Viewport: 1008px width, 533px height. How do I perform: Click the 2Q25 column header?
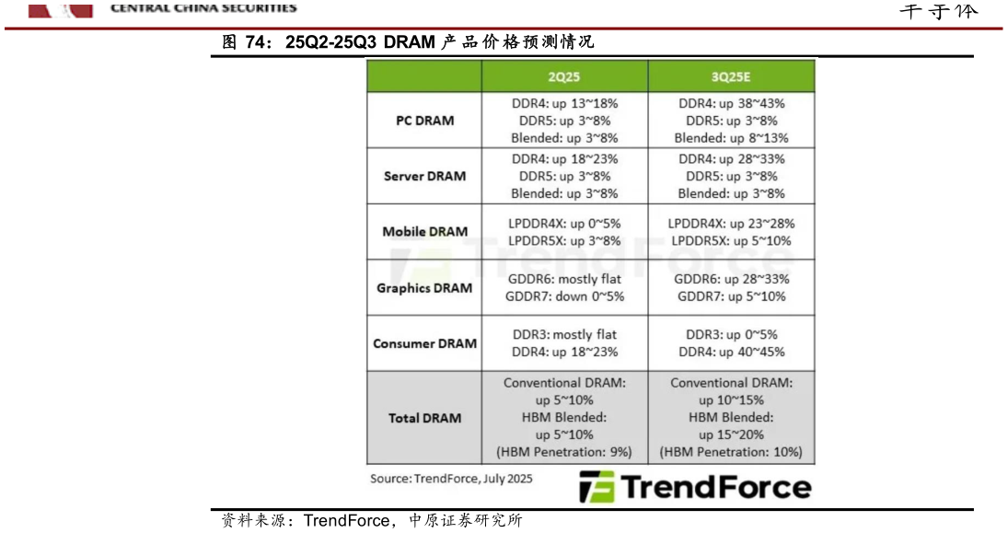pyautogui.click(x=564, y=76)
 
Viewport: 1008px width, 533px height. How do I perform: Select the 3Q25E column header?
pyautogui.click(x=731, y=76)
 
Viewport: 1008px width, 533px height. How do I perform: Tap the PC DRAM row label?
pyautogui.click(x=424, y=121)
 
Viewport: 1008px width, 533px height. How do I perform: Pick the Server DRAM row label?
pyautogui.click(x=424, y=176)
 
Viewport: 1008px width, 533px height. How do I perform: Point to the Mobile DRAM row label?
pyautogui.click(x=424, y=232)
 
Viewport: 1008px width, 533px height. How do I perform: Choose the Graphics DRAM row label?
pyautogui.click(x=424, y=288)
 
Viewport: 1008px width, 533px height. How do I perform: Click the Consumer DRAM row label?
pyautogui.click(x=424, y=343)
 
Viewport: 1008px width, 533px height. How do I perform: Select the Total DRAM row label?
pyautogui.click(x=424, y=418)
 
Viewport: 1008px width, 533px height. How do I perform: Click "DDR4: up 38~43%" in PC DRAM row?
pyautogui.click(x=731, y=103)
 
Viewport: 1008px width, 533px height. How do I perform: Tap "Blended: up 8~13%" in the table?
pyautogui.click(x=731, y=138)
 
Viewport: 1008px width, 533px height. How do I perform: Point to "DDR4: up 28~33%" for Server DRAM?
pyautogui.click(x=731, y=158)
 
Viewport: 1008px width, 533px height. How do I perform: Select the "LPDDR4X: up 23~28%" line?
pyautogui.click(x=731, y=223)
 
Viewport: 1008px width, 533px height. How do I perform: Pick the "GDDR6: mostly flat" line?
pyautogui.click(x=564, y=279)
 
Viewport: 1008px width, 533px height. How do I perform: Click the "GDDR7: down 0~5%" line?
pyautogui.click(x=564, y=296)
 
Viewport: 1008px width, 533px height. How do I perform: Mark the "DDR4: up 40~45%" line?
pyautogui.click(x=731, y=352)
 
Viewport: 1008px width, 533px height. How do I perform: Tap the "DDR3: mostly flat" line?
pyautogui.click(x=564, y=334)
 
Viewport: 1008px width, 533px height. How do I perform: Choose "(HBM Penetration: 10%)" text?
pyautogui.click(x=731, y=452)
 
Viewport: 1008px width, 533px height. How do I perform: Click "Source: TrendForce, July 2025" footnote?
pyautogui.click(x=451, y=479)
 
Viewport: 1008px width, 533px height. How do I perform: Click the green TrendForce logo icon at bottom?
pyautogui.click(x=596, y=487)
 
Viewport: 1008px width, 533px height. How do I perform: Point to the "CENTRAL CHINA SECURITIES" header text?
pyautogui.click(x=203, y=7)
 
